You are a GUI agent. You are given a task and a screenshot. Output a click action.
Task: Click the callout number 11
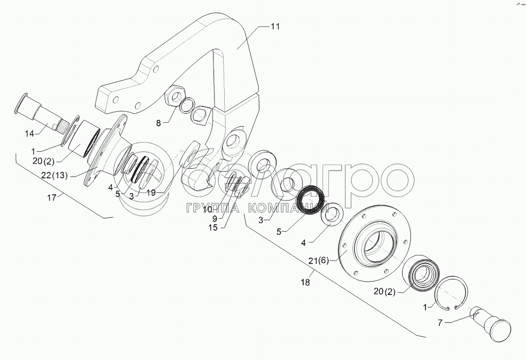[274, 27]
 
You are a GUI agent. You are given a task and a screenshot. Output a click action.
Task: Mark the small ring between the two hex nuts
[187, 106]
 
